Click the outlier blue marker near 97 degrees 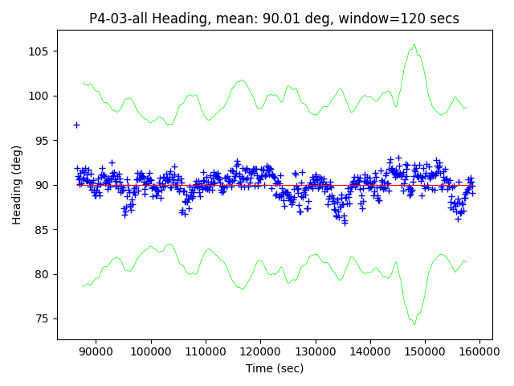click(76, 125)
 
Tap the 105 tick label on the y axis click(41, 51)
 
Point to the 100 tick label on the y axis click(41, 96)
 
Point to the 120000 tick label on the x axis click(260, 351)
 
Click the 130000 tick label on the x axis click(315, 351)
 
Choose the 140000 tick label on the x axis click(369, 351)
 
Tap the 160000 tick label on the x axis click(479, 351)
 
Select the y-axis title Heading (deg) click(17, 185)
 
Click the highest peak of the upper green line click(414, 45)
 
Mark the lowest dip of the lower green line click(414, 324)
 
